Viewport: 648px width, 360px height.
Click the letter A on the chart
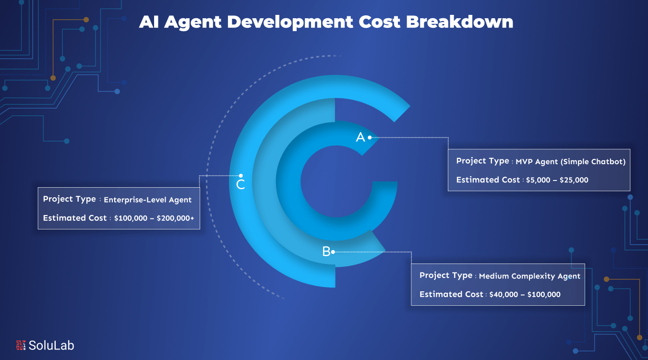360,138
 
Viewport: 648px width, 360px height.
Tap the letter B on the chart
326,252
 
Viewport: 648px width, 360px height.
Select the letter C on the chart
241,184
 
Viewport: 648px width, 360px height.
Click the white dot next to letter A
370,138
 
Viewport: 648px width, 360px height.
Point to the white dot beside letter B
333,252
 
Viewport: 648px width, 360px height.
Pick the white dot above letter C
241,176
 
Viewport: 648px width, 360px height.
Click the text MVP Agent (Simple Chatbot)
571,162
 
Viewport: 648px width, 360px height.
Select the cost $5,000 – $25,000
556,180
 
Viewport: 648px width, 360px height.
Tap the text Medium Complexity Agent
529,276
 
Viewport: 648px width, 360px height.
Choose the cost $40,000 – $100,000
525,295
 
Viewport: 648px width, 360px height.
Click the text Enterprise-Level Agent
148,200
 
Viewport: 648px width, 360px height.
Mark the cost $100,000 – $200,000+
154,218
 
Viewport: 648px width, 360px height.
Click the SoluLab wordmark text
51,345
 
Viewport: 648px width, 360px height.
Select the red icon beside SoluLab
21,345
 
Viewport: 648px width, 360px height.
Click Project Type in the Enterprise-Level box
70,199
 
